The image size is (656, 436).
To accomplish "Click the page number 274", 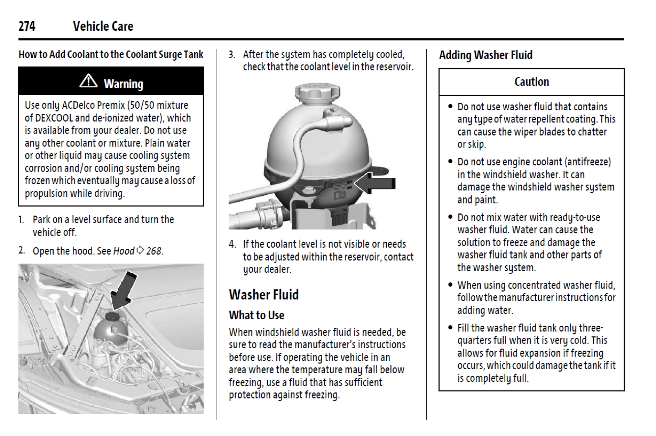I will (x=27, y=26).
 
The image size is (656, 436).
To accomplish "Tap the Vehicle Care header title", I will (x=103, y=26).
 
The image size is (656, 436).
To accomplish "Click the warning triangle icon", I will (x=88, y=81).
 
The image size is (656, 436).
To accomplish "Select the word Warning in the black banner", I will (x=123, y=84).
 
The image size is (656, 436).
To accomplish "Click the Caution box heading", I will (x=531, y=82).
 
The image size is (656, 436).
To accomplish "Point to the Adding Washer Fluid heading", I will (x=485, y=55).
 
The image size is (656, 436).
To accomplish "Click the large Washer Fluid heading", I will (x=264, y=295).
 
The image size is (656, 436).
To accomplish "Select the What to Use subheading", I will (x=257, y=315).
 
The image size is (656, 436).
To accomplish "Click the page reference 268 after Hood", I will (x=154, y=251).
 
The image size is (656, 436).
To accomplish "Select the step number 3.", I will (x=232, y=55).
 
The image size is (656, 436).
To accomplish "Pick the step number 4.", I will (x=232, y=244).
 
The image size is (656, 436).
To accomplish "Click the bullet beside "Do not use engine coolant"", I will (x=450, y=162).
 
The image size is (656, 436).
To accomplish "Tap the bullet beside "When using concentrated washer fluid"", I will (x=450, y=285).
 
